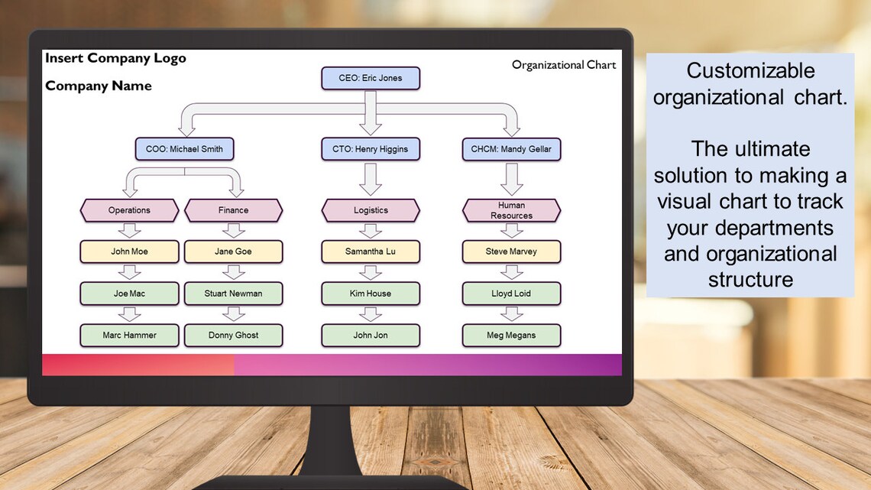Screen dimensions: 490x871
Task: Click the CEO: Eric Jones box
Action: (x=371, y=78)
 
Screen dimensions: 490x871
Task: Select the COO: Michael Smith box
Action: (x=184, y=149)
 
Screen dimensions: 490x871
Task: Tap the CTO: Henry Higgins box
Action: (x=371, y=149)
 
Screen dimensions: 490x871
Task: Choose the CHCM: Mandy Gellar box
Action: (x=511, y=149)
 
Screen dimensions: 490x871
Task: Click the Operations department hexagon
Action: (x=129, y=210)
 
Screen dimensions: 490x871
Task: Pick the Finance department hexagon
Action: (x=233, y=210)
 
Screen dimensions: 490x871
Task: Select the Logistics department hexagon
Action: (x=371, y=210)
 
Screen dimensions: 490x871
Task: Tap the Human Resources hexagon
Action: (x=511, y=210)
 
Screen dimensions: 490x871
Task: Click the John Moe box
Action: (x=129, y=251)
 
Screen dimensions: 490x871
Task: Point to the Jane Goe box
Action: (x=233, y=251)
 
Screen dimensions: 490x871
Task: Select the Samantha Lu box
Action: (x=371, y=251)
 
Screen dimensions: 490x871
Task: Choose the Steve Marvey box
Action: (x=511, y=251)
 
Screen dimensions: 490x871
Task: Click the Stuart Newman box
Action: (x=233, y=294)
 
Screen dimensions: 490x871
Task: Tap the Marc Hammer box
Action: (x=129, y=335)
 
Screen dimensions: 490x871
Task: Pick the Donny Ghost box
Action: (x=233, y=335)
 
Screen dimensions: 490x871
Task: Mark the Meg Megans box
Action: (x=511, y=335)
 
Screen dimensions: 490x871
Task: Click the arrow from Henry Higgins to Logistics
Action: (x=371, y=179)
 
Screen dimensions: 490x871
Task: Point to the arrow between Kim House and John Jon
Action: (x=371, y=313)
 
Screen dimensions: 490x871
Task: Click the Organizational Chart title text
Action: (x=564, y=65)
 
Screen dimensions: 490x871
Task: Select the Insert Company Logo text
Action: (x=115, y=58)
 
